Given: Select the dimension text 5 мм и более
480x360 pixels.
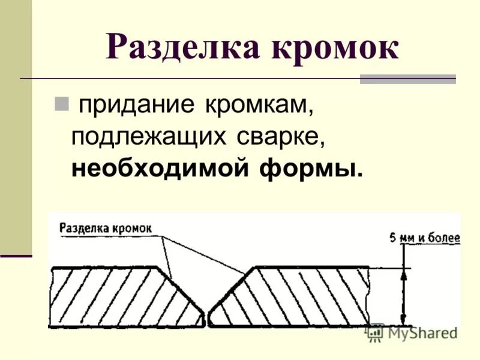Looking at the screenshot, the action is tap(425, 238).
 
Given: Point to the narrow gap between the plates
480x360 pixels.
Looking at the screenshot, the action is tap(207, 318).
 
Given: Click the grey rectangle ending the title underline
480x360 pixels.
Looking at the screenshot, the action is tap(407, 79).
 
